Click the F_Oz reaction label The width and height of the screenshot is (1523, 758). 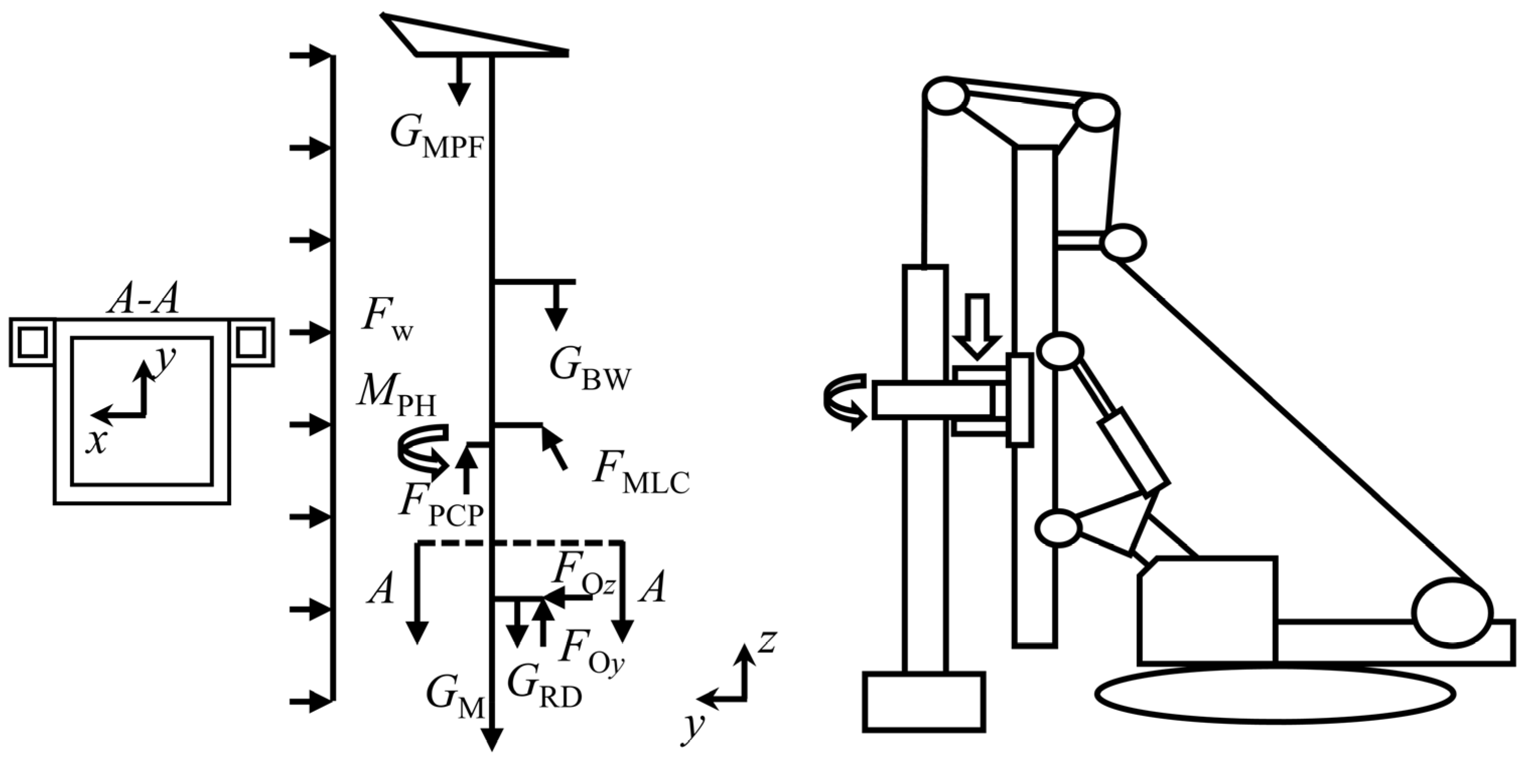pos(583,576)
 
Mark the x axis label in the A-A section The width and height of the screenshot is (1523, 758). pos(96,441)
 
